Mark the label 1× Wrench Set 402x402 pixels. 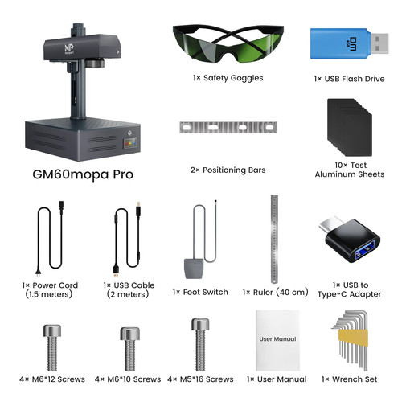click(x=347, y=379)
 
